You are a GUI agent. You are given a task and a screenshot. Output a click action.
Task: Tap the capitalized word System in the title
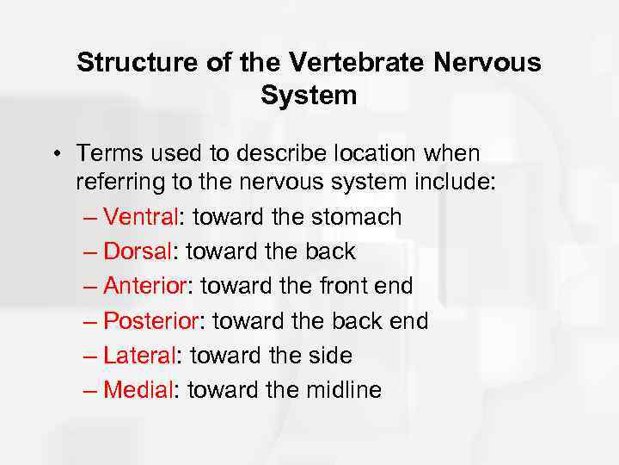point(309,96)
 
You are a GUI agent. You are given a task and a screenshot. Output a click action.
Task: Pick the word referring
point(119,183)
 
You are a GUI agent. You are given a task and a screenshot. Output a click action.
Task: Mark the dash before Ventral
point(93,218)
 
